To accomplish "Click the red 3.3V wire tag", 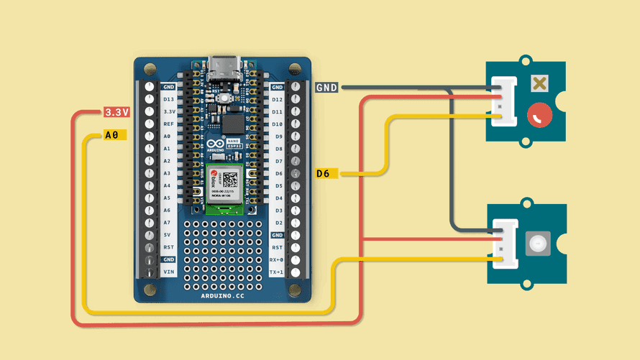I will click(116, 112).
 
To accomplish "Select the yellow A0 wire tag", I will click(112, 134).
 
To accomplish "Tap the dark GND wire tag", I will click(327, 87).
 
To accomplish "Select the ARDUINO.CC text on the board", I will click(223, 295).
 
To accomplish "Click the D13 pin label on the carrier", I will click(168, 99).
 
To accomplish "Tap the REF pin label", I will click(168, 124).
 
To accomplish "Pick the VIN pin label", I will click(168, 272).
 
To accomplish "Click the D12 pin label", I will click(277, 99).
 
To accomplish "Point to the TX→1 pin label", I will click(277, 272).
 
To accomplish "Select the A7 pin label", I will click(168, 222).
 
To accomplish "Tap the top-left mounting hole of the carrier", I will click(150, 70).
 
